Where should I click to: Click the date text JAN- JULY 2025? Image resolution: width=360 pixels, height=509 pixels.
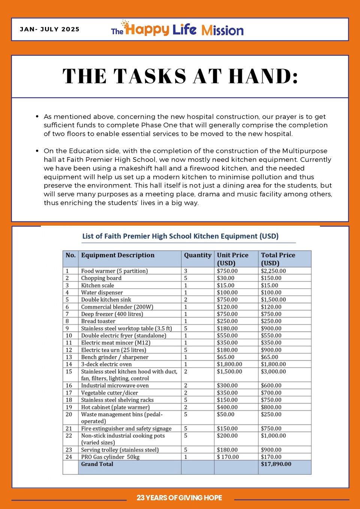(x=49, y=29)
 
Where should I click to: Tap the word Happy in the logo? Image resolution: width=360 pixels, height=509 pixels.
(x=147, y=29)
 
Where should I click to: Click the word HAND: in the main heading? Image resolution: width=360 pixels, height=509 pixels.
(x=264, y=76)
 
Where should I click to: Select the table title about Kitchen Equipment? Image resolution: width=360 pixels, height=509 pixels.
(x=180, y=236)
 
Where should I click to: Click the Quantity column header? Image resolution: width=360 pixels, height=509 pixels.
(x=198, y=255)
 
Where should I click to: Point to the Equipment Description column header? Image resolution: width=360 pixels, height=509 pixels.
(x=118, y=255)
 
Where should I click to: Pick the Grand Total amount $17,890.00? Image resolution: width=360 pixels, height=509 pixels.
(x=276, y=464)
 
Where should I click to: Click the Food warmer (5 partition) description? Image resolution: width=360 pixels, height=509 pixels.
(x=114, y=271)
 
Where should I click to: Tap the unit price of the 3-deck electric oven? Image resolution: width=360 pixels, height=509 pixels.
(x=229, y=364)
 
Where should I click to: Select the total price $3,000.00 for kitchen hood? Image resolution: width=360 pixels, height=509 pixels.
(x=273, y=371)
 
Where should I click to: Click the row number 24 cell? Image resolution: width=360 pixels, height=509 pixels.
(x=69, y=457)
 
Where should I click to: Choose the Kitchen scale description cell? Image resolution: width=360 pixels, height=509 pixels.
(x=97, y=285)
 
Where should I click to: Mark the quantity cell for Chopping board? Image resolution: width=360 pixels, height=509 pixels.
(x=186, y=278)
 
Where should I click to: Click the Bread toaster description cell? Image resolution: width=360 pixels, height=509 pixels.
(x=98, y=321)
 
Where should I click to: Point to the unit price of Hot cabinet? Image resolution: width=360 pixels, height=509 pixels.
(x=227, y=407)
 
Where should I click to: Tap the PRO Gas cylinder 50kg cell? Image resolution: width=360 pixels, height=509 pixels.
(x=110, y=457)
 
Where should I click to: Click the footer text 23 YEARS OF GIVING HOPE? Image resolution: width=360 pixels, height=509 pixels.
(x=179, y=498)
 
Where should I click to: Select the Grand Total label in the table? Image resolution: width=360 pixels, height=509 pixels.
(x=97, y=464)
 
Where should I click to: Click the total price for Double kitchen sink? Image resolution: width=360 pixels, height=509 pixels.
(x=273, y=300)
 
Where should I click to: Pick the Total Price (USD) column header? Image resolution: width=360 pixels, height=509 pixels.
(x=278, y=259)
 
